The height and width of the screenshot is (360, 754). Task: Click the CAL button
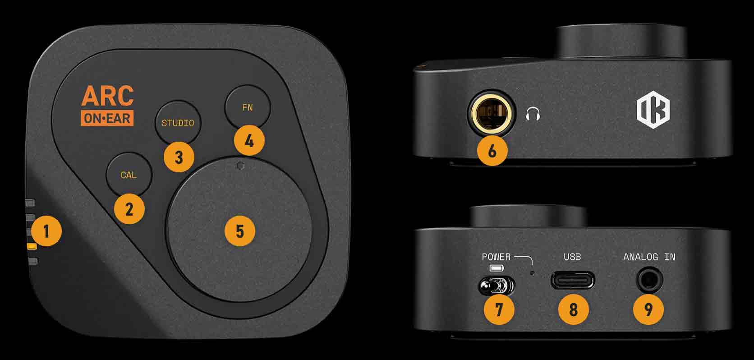[x=129, y=175]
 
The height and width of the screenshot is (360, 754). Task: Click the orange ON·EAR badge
[x=107, y=118]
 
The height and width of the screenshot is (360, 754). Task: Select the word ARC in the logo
[x=107, y=96]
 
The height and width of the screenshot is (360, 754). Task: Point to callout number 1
[x=46, y=231]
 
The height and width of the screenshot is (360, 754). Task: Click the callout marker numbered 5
[x=239, y=231]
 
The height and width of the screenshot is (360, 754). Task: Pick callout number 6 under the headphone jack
[x=492, y=151]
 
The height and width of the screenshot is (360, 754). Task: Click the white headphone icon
[x=533, y=114]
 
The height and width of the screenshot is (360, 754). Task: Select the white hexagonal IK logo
[x=653, y=110]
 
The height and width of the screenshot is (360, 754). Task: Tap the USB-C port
[x=573, y=280]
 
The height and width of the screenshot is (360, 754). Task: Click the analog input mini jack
[x=649, y=280]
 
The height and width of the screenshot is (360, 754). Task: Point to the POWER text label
[x=496, y=257]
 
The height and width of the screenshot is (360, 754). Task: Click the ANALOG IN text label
[x=649, y=257]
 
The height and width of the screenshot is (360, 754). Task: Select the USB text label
[x=572, y=257]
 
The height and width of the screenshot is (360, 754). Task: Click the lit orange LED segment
[x=32, y=246]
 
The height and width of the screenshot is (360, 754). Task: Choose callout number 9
[x=648, y=309]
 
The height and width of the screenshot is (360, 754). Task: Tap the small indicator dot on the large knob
[x=240, y=166]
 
